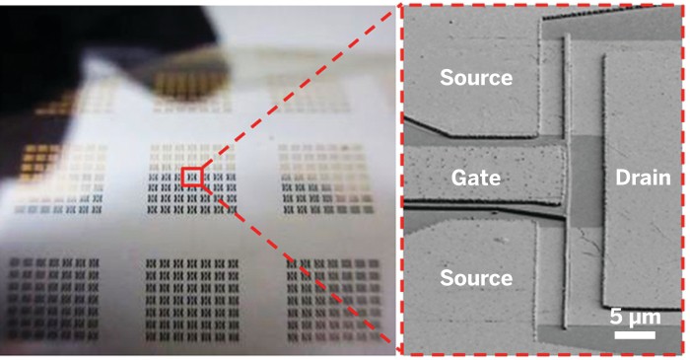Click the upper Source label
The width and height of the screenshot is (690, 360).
(x=476, y=77)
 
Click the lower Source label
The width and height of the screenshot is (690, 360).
(x=476, y=279)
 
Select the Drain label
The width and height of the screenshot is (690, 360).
(x=643, y=179)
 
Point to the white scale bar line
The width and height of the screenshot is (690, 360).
(x=635, y=334)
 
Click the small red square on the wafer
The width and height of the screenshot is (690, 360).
(x=192, y=178)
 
